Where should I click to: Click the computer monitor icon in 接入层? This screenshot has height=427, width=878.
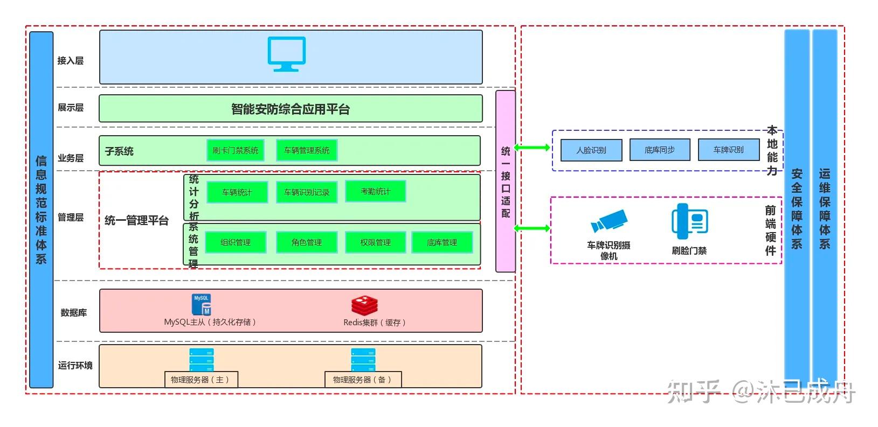coord(287,54)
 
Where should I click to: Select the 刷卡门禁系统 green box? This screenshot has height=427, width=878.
coord(236,150)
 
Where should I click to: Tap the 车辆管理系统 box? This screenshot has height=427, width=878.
coord(307,150)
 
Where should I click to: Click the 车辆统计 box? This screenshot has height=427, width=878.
coord(237,192)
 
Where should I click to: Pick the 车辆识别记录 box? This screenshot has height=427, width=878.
coord(307,192)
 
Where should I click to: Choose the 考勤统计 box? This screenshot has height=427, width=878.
coord(375,191)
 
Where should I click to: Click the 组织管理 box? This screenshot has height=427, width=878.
coord(236,242)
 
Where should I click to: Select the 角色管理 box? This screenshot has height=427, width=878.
coord(307,242)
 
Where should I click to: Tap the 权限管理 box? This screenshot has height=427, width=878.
coord(375,242)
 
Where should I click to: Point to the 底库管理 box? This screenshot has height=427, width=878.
coord(442,242)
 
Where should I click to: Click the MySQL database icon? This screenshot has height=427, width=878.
coord(202,305)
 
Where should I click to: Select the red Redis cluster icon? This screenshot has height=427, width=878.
coord(364,306)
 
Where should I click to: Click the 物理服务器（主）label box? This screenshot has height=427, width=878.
coord(201,380)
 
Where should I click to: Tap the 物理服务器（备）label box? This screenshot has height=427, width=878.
coord(363,380)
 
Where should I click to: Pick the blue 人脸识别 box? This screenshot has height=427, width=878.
coord(591,150)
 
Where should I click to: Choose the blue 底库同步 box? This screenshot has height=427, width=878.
coord(660,150)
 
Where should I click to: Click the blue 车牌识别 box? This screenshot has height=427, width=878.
coord(729,150)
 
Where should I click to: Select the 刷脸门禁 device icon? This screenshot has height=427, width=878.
coord(689,221)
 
